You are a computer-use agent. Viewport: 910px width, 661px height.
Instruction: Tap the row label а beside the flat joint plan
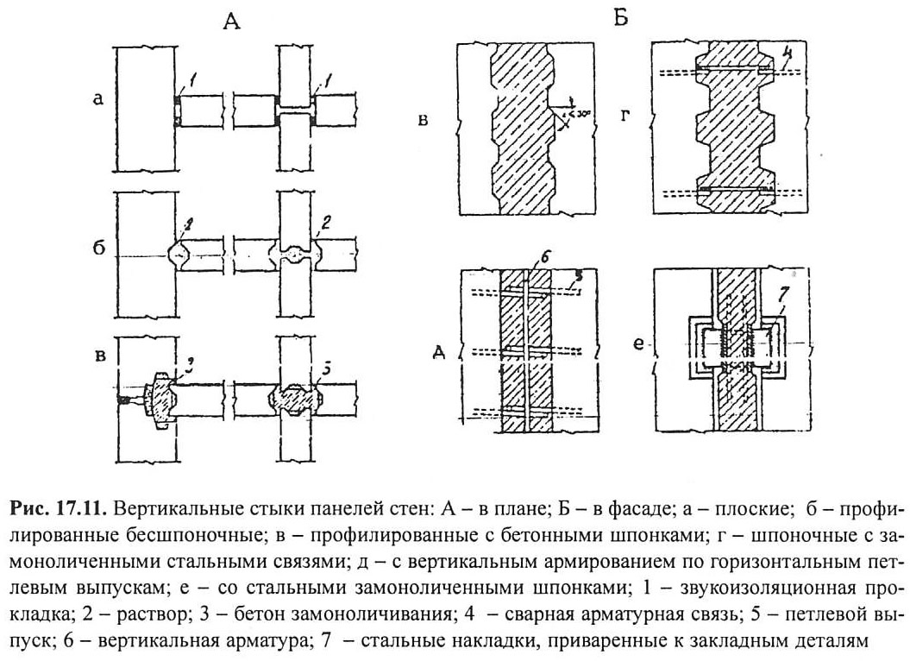point(98,100)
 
